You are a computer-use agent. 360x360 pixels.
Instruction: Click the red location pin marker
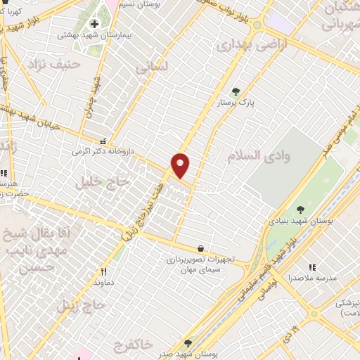(181, 165)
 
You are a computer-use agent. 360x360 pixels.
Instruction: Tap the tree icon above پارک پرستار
(236, 91)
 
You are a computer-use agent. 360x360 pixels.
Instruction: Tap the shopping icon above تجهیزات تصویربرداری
(202, 248)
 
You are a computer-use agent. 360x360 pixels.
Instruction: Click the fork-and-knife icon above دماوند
(104, 271)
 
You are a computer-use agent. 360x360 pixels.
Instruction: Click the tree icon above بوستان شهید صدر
(187, 342)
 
